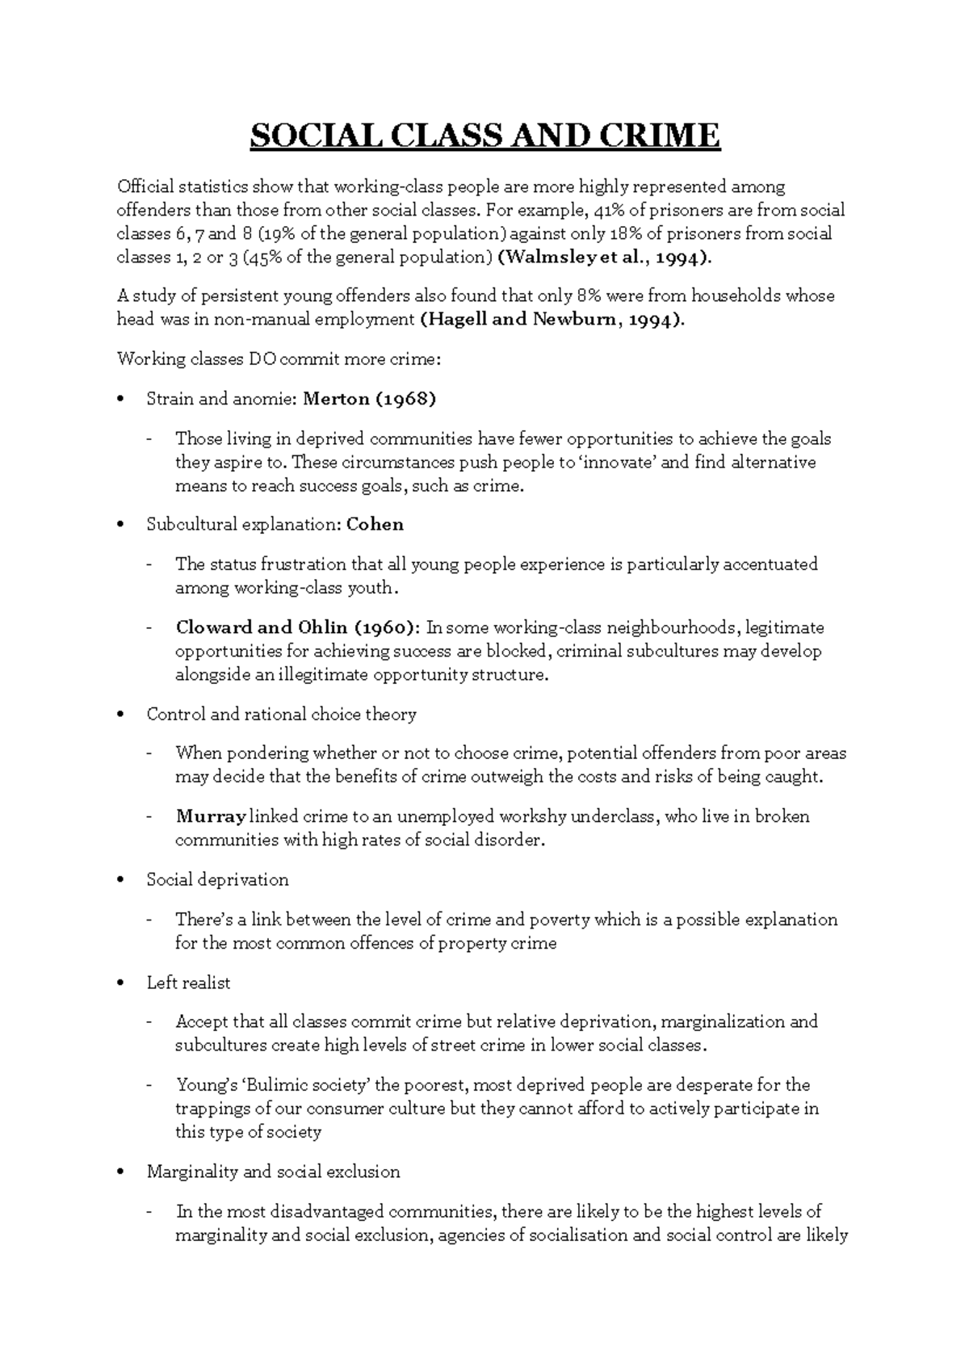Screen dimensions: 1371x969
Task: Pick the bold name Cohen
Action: coord(375,524)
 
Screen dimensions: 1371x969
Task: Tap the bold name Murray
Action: coord(211,816)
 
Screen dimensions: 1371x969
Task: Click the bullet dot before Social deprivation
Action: coord(121,880)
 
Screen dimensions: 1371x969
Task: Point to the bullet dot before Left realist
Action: coord(121,983)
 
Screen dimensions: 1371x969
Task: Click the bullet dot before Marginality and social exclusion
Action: coord(121,1172)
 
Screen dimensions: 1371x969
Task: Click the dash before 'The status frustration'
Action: coord(149,564)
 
